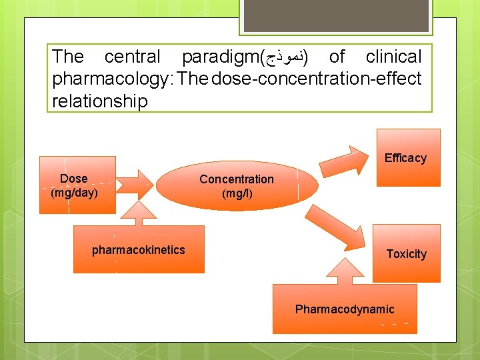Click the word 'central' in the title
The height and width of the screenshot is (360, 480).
[x=132, y=57]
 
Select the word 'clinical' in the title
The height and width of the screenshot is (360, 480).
[x=393, y=57]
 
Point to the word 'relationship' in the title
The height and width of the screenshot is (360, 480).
[x=99, y=101]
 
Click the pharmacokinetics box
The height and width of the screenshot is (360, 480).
[x=139, y=250]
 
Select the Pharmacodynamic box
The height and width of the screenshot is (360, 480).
[x=345, y=309]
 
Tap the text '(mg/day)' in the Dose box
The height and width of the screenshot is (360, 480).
[x=74, y=193]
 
